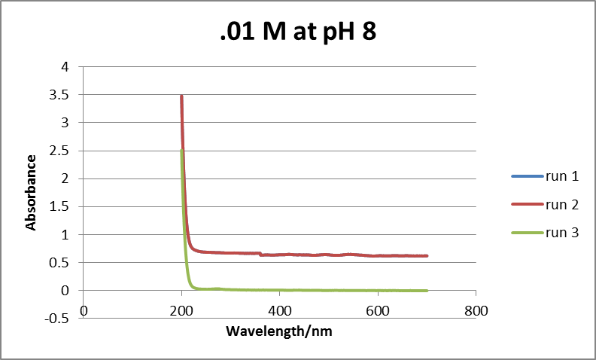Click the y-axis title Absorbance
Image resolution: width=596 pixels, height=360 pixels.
(x=32, y=192)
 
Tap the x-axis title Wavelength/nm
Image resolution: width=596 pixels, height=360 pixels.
(x=280, y=331)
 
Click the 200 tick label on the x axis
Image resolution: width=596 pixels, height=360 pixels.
(x=181, y=310)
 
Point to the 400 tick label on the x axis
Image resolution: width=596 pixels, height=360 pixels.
(x=280, y=310)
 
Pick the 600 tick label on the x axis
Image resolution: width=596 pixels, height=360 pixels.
(x=378, y=310)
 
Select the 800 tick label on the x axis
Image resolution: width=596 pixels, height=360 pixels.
(x=476, y=310)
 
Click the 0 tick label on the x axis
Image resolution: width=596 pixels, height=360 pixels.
(x=84, y=310)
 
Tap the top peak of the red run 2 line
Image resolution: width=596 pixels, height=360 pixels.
(x=181, y=96)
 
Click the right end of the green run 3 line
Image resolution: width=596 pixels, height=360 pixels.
(x=427, y=291)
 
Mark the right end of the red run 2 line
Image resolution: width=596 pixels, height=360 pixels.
(x=427, y=256)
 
